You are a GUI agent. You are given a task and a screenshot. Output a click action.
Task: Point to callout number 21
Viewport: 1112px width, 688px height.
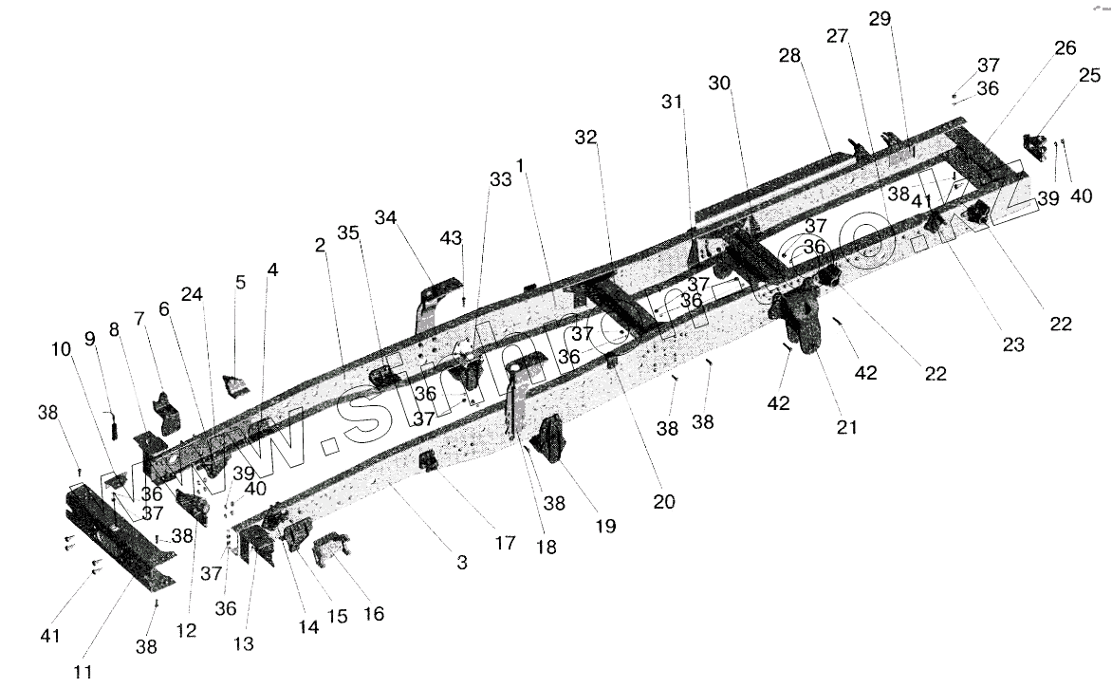pyautogui.click(x=846, y=427)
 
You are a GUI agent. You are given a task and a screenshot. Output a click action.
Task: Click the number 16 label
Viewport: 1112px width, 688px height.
pyautogui.click(x=375, y=613)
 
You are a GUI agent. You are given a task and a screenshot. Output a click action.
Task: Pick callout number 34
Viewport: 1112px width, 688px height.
pyautogui.click(x=384, y=218)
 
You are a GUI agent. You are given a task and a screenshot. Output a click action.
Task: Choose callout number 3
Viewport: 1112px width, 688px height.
pyautogui.click(x=462, y=563)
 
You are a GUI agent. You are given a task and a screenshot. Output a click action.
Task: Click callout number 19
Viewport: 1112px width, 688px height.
pyautogui.click(x=604, y=524)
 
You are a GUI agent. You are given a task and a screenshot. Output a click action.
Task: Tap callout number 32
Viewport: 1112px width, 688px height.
pyautogui.click(x=585, y=139)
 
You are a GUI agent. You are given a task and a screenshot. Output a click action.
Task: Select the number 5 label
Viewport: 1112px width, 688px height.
pyautogui.click(x=240, y=282)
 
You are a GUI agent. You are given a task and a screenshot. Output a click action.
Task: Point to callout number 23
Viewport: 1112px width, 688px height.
pyautogui.click(x=1013, y=345)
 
